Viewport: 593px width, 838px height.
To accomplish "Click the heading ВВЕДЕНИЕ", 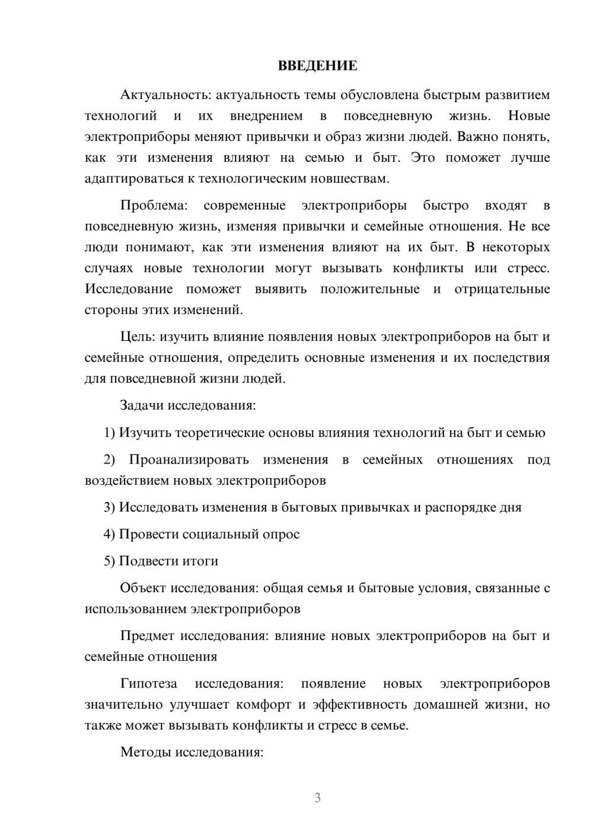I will pyautogui.click(x=317, y=66).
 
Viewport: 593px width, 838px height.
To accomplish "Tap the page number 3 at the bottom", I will pyautogui.click(x=317, y=798).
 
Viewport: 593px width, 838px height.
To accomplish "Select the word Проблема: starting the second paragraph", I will pyautogui.click(x=154, y=206).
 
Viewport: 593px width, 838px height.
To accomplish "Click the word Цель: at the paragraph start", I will pyautogui.click(x=138, y=337).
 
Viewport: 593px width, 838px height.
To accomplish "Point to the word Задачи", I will pyautogui.click(x=142, y=406).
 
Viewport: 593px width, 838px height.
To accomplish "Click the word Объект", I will pyautogui.click(x=143, y=588).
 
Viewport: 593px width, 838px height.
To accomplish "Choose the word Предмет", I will pyautogui.click(x=147, y=636).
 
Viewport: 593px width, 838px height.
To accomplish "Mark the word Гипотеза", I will pyautogui.click(x=148, y=684).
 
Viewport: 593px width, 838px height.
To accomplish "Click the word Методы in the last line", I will pyautogui.click(x=144, y=753).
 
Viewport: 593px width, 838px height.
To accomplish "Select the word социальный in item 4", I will pyautogui.click(x=224, y=535).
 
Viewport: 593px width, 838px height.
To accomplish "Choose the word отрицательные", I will pyautogui.click(x=502, y=289).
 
